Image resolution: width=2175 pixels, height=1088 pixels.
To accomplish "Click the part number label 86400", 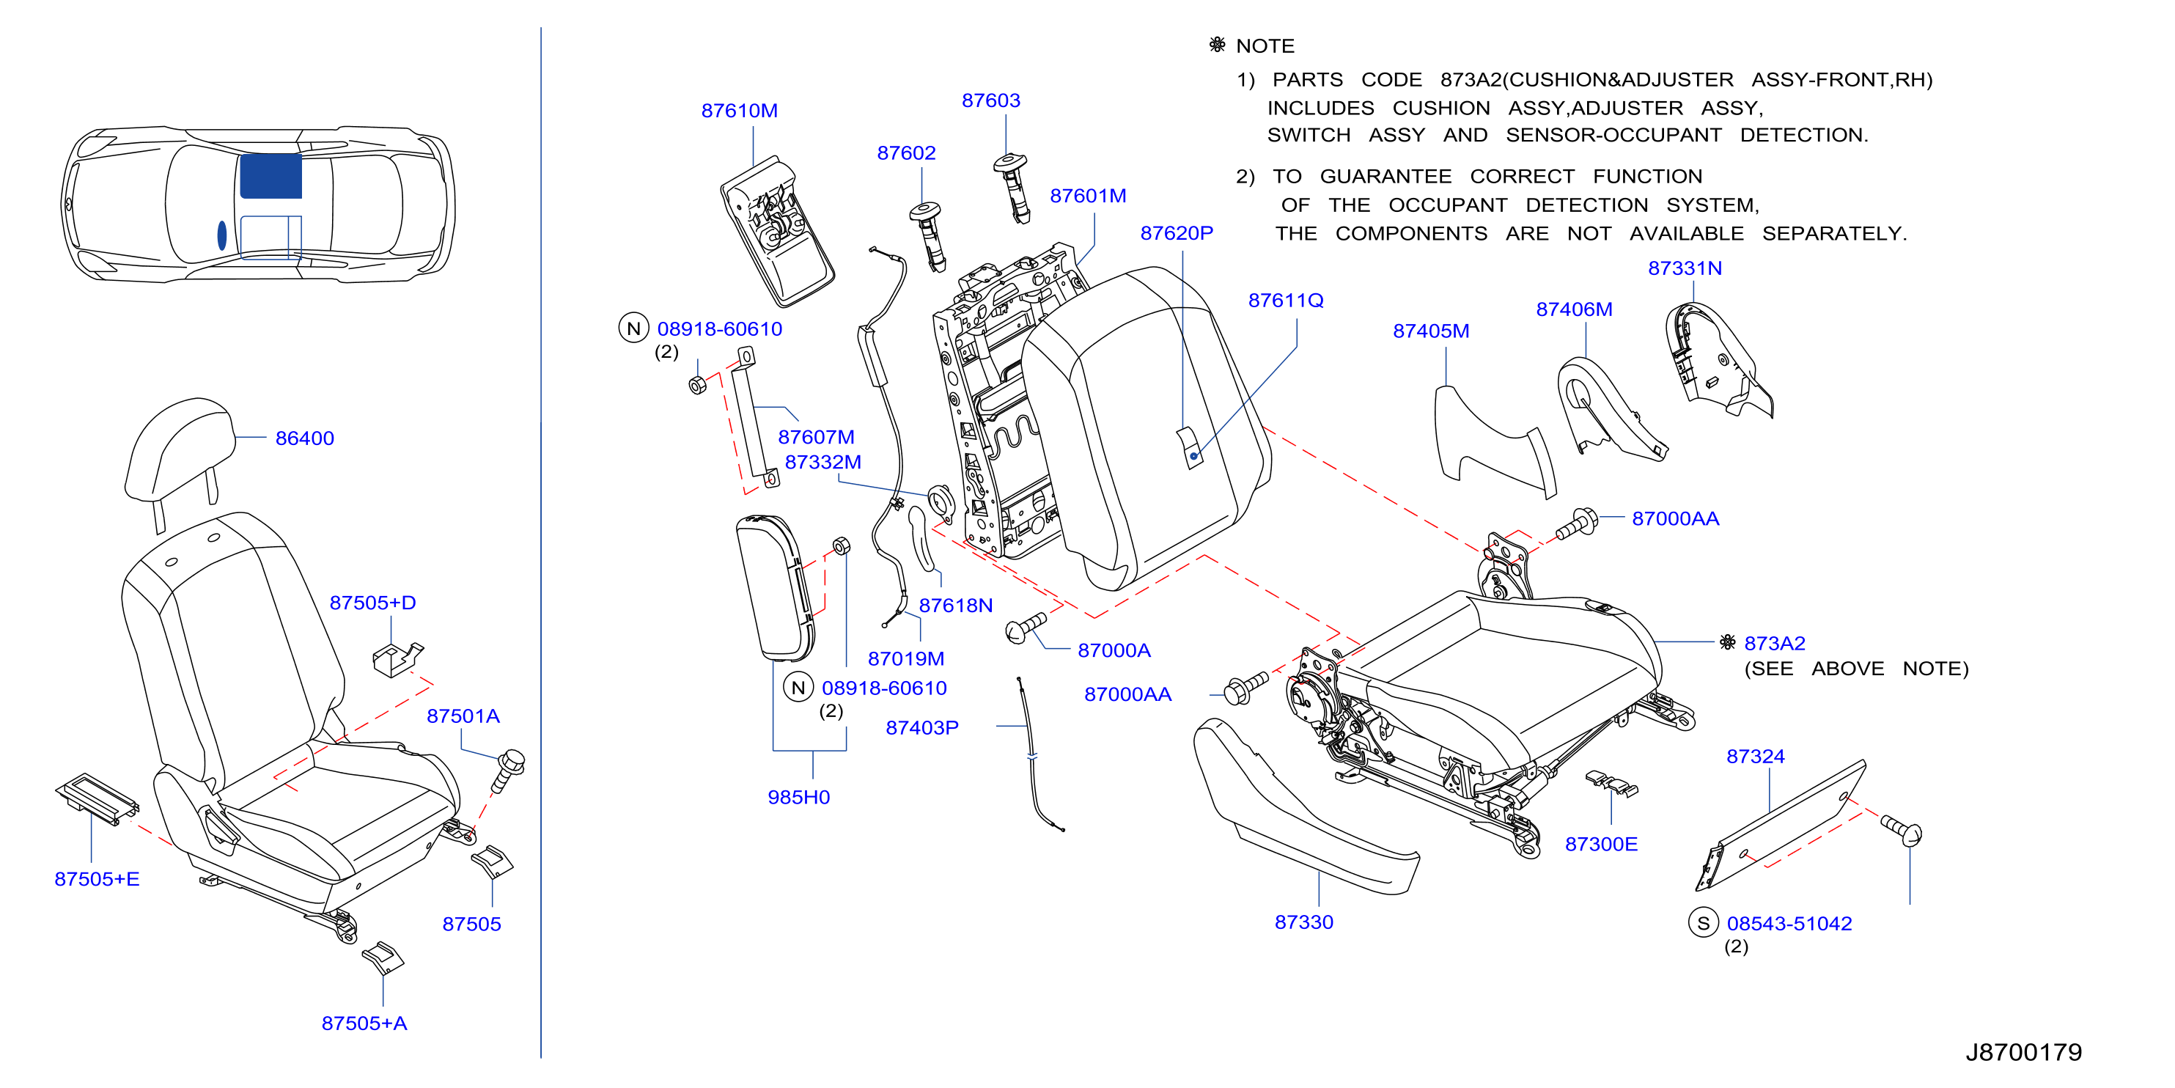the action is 304,438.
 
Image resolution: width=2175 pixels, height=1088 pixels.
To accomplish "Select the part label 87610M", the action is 739,111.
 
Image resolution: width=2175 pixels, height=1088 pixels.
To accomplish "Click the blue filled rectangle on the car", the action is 271,176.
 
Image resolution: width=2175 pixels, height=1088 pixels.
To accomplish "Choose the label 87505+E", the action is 97,878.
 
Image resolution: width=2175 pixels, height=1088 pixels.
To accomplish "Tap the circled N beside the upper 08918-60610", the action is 633,328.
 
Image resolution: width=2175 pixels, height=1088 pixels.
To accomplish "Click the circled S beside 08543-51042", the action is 1703,922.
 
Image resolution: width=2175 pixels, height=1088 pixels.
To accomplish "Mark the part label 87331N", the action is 1685,268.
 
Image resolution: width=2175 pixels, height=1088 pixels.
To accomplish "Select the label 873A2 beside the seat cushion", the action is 1774,643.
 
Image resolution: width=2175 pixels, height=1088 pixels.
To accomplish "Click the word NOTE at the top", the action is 1265,45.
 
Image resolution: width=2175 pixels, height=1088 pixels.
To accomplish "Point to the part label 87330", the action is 1303,922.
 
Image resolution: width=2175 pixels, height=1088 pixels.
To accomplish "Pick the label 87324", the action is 1756,756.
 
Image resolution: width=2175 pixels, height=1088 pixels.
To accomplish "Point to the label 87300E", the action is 1601,844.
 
